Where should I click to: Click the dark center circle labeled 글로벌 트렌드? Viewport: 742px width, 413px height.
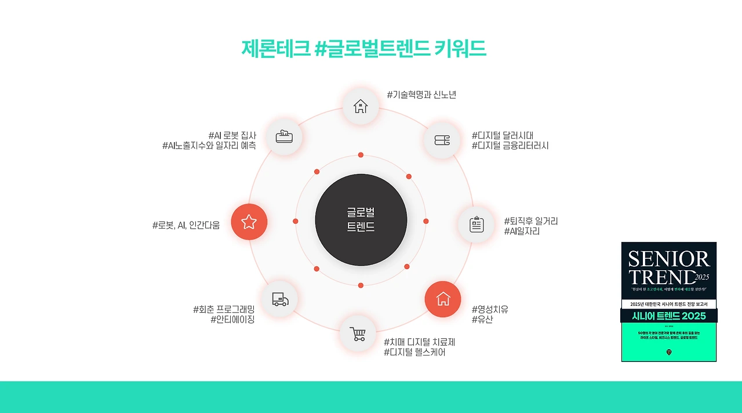(361, 220)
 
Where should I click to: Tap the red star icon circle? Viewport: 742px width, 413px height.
(249, 222)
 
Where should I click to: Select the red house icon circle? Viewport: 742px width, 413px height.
(443, 299)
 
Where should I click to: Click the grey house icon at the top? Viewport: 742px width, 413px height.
(361, 106)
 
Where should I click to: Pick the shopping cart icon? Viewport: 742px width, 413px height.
(358, 334)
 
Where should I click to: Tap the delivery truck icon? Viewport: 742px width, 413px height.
(280, 299)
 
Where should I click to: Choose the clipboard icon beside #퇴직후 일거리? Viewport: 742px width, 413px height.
(477, 224)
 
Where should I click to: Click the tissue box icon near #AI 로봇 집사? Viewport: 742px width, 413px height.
(284, 137)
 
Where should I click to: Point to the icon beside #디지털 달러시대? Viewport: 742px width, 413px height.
(442, 140)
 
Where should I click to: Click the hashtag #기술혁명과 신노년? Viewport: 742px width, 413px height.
(421, 95)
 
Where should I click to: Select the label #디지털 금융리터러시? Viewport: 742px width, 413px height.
(510, 146)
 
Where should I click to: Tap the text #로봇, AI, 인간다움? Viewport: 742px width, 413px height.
(186, 225)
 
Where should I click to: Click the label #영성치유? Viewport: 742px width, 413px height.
(490, 309)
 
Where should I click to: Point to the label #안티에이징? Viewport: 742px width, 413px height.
(232, 319)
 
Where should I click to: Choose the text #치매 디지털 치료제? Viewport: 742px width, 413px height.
(419, 342)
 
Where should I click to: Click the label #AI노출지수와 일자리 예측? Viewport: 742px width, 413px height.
(209, 146)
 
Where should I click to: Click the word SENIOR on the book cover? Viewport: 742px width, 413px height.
(668, 259)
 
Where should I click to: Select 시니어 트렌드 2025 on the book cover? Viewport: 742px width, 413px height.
(669, 316)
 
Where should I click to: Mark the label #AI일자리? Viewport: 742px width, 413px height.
(522, 231)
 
